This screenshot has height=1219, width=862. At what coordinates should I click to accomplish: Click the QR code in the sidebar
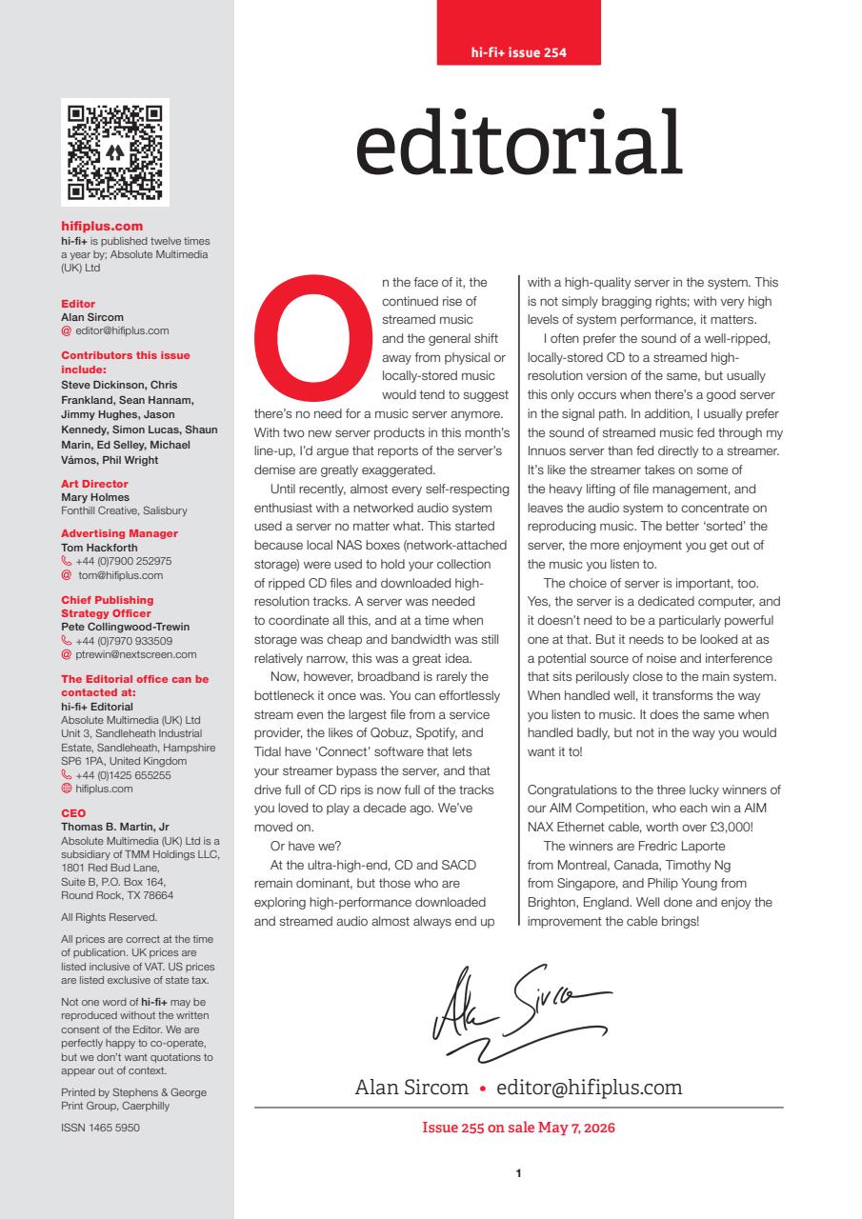pos(115,151)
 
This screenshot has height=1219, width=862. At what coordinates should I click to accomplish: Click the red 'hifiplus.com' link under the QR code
pos(102,226)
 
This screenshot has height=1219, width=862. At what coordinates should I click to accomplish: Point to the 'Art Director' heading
pos(94,484)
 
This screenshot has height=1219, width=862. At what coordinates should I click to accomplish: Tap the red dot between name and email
pos(483,1088)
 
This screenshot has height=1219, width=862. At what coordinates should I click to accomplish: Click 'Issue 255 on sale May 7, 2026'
pos(518,1129)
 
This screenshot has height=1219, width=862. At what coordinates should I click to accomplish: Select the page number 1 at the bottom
pos(518,1174)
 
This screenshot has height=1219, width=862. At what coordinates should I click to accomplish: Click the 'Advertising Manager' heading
pos(119,533)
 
